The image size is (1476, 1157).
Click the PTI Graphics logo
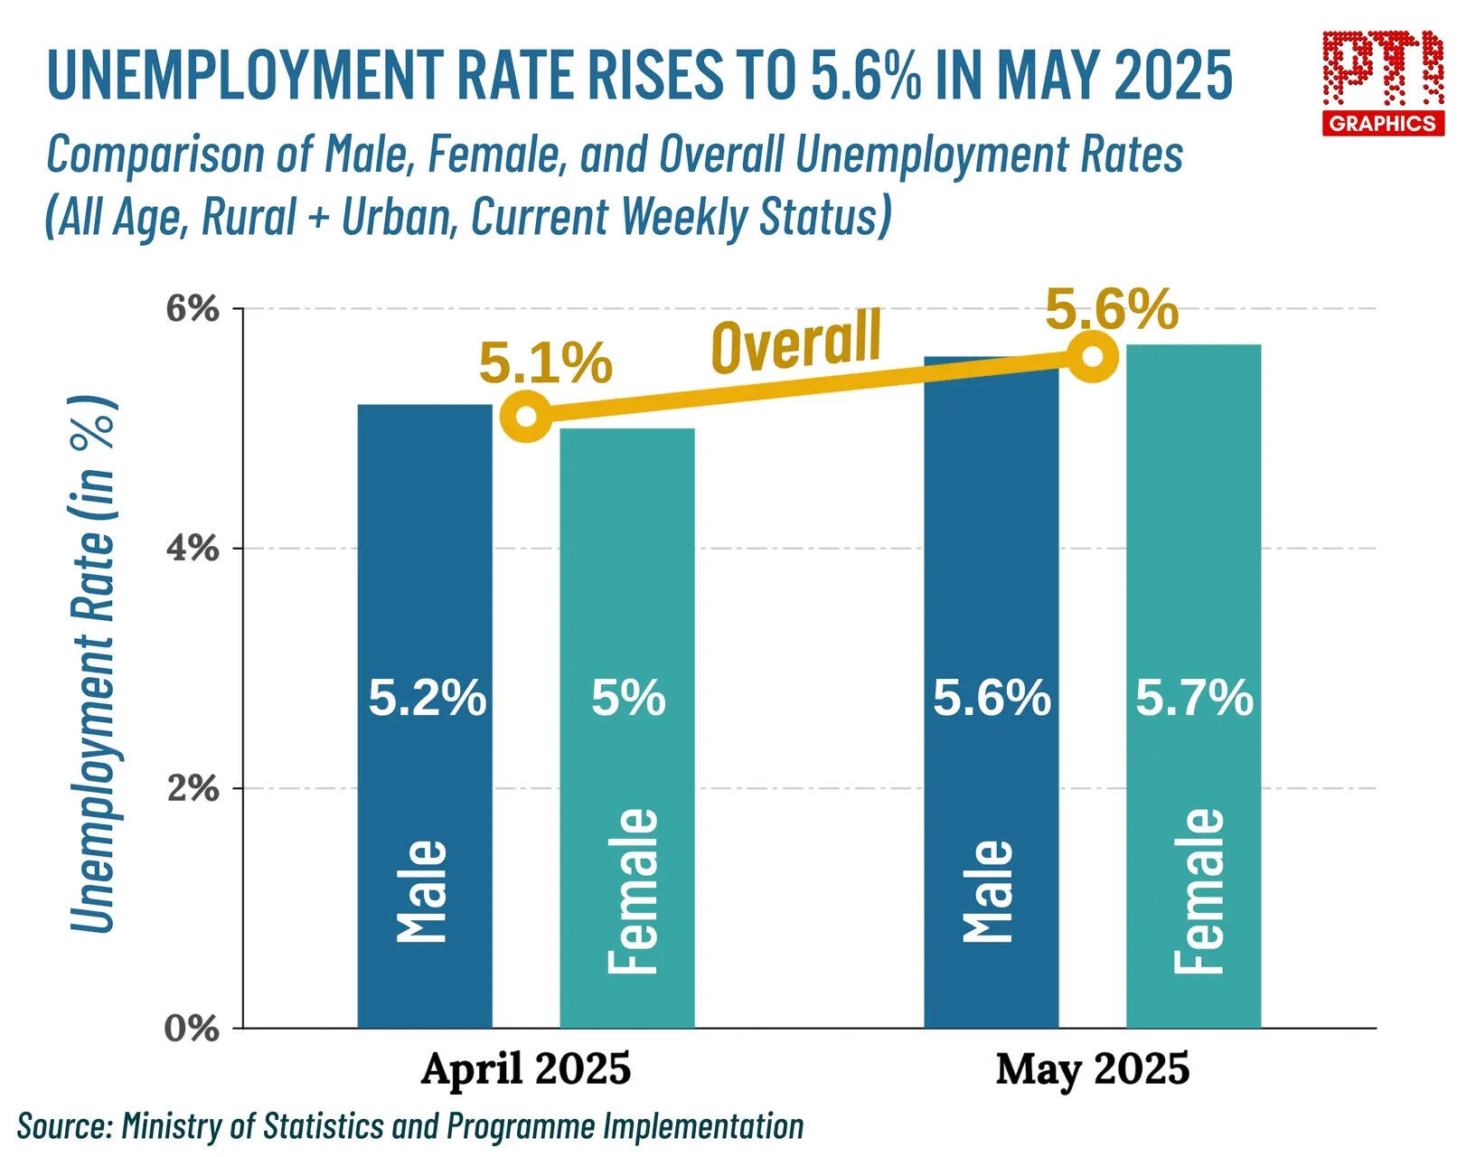[x=1383, y=82]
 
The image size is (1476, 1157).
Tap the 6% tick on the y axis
[x=193, y=309]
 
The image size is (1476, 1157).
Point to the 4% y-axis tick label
[x=193, y=549]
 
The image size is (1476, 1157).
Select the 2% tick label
[x=193, y=788]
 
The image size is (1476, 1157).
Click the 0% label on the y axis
[x=193, y=1029]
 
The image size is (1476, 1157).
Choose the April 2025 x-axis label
[x=526, y=1069]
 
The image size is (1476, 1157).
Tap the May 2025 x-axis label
[x=1093, y=1069]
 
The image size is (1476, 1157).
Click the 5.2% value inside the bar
[x=427, y=699]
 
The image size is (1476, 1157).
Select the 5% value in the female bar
[x=628, y=699]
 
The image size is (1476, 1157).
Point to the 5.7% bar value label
[x=1194, y=699]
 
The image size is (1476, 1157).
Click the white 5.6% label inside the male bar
[x=992, y=699]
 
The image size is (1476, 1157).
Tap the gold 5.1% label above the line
[x=546, y=363]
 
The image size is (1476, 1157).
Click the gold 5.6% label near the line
[x=1112, y=311]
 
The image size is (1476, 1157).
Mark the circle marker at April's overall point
[x=525, y=418]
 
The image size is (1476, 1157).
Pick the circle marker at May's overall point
[x=1092, y=356]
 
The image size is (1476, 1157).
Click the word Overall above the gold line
[x=795, y=342]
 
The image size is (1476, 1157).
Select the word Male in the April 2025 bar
[x=423, y=890]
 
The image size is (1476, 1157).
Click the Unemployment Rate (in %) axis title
[x=93, y=664]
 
